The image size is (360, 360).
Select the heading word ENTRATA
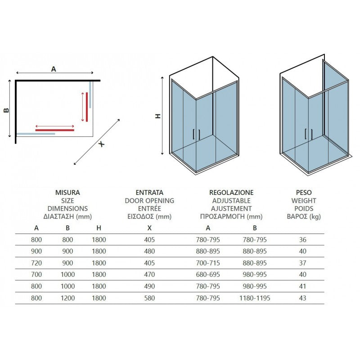[149, 192]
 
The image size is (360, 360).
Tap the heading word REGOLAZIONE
[231, 192]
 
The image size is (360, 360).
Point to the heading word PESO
[304, 192]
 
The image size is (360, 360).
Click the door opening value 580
[149, 298]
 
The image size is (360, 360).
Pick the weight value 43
[303, 298]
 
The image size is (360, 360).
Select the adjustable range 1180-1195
[255, 298]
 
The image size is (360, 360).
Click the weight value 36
[303, 239]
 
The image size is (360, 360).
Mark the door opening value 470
[149, 274]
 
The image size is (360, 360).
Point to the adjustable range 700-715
[208, 263]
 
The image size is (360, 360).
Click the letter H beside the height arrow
[157, 116]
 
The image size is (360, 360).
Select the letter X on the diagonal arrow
[102, 144]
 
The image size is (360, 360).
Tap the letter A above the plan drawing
[54, 69]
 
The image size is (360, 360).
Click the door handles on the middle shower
[197, 134]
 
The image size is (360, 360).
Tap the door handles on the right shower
[308, 134]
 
